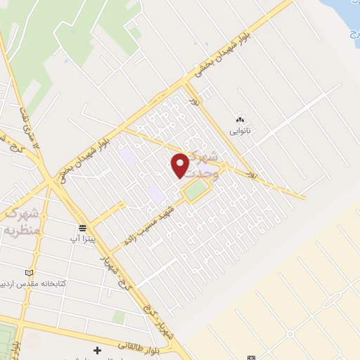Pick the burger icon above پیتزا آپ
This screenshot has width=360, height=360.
coord(83,228)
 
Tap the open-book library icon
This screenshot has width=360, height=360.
coord(28,273)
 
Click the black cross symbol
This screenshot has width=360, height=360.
coord(97,349)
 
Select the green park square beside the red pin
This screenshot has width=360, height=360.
coord(196,188)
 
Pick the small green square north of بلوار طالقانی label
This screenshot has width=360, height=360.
coord(118,318)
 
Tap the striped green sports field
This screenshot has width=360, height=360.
coord(6,338)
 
